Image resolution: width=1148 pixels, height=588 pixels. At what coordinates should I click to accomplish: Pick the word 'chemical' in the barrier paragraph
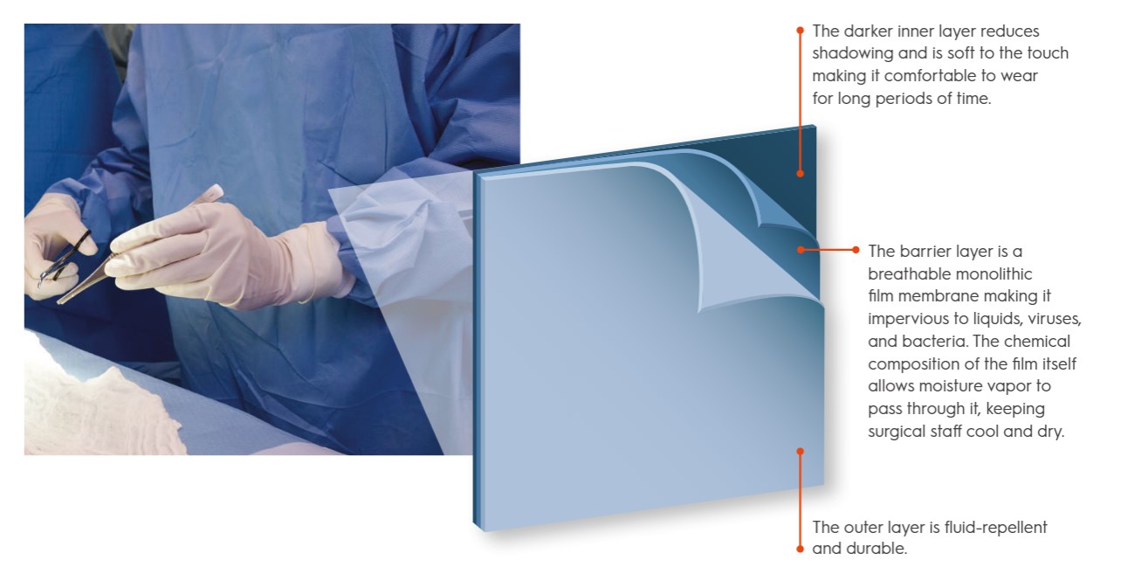[1037, 342]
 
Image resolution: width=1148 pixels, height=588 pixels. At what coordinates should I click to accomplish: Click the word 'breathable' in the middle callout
[904, 274]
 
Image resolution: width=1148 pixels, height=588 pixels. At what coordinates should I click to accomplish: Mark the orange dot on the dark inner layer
[800, 174]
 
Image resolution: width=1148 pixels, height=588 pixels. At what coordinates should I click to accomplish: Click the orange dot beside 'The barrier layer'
[856, 250]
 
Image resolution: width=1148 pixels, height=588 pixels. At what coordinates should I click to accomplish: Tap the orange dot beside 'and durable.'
[800, 549]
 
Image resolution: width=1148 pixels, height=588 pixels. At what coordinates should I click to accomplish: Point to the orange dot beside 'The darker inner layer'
[800, 31]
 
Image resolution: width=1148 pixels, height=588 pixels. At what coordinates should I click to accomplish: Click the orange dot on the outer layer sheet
[800, 452]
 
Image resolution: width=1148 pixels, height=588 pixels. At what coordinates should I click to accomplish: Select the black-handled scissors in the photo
[64, 259]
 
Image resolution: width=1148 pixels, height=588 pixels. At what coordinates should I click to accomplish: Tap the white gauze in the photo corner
[98, 405]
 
